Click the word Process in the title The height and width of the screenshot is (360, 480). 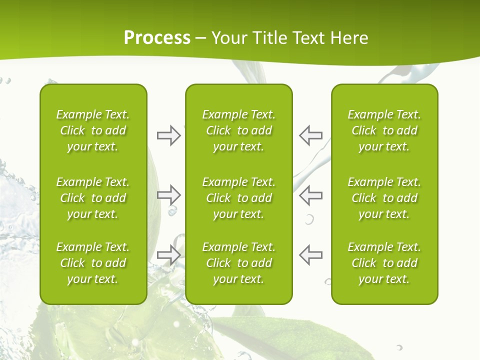coord(157,38)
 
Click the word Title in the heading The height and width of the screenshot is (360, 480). coord(269,38)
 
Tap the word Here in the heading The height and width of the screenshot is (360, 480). coord(348,38)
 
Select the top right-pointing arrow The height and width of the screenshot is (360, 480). coord(169,135)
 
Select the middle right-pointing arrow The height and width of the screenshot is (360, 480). coord(169,194)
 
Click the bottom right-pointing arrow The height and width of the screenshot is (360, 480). coord(169,255)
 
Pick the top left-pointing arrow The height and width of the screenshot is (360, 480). coord(310,135)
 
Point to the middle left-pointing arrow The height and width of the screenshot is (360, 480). coord(310,194)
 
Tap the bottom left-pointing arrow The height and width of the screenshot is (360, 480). coord(310,255)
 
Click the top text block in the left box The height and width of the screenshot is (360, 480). coord(93,130)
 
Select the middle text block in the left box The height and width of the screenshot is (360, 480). coord(93,198)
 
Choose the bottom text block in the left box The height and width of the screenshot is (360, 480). coord(93,263)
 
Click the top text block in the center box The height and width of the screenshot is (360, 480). coord(238,130)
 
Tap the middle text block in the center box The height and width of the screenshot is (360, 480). coord(238,198)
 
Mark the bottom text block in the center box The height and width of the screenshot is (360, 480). coord(238,263)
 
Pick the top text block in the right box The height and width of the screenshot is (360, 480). coord(384,130)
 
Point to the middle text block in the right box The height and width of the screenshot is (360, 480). coord(384,198)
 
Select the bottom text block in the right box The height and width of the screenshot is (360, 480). coord(384,263)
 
